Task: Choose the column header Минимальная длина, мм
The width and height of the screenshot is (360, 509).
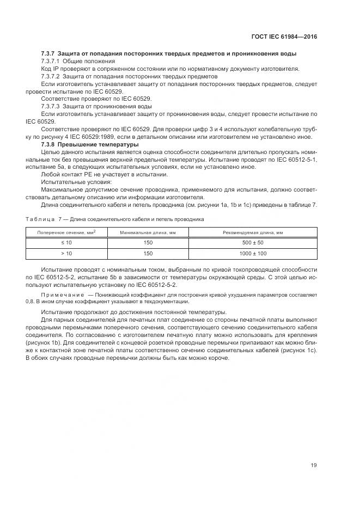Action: click(148, 232)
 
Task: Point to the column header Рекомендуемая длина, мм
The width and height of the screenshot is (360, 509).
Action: click(253, 232)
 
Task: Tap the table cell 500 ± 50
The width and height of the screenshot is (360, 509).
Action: click(253, 243)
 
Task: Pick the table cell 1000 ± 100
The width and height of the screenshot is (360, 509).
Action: click(253, 254)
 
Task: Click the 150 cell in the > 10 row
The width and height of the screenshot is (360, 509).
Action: click(148, 254)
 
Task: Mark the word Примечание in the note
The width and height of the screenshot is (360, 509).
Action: click(58, 295)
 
